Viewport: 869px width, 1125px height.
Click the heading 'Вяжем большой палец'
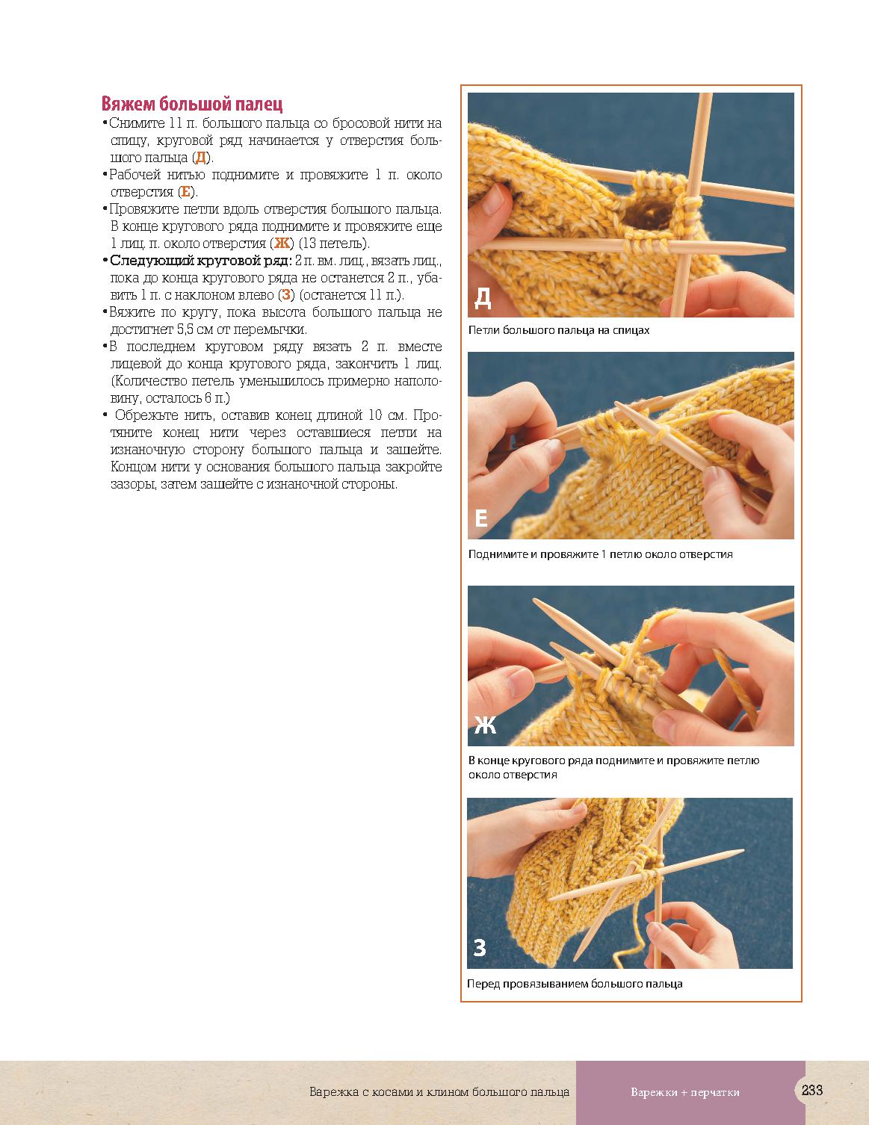coord(191,104)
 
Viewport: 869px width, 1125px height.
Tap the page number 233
coord(812,1090)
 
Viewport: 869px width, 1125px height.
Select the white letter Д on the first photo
coord(483,298)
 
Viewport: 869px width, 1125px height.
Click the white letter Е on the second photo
coord(481,518)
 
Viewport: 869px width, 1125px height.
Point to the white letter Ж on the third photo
coord(485,725)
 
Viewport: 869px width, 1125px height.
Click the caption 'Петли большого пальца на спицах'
coord(559,330)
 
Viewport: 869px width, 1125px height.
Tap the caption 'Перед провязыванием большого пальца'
coord(575,984)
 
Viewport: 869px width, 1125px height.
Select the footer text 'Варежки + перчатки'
coord(685,1092)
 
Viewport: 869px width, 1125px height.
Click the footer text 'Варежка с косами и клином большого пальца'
coord(439,1092)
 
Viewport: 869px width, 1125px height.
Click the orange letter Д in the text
coord(200,158)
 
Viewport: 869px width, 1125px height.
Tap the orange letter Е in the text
coord(185,192)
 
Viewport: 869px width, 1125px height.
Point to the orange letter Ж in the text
coord(282,243)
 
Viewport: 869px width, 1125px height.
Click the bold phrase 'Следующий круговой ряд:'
coord(201,260)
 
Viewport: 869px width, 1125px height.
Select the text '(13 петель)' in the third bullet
coord(334,244)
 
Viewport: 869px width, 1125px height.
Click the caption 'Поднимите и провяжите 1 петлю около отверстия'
coord(600,554)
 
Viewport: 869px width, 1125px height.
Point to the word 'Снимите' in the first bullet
coord(137,123)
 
